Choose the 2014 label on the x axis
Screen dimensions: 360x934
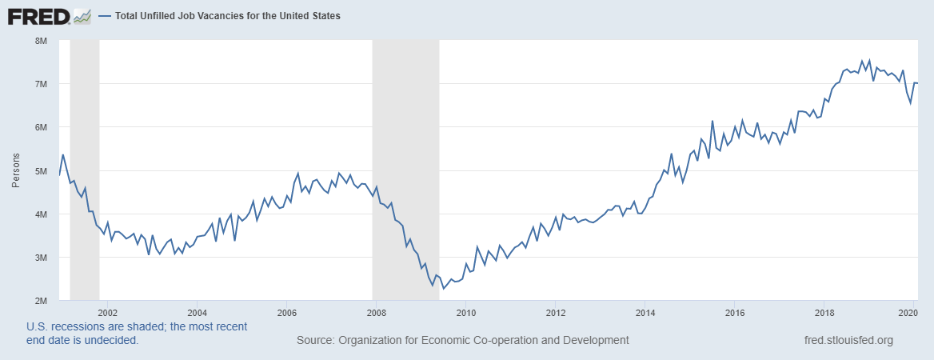(645, 312)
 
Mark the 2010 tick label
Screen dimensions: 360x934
(466, 312)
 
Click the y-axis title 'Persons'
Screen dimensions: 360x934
(16, 171)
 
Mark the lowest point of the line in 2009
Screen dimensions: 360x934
(444, 288)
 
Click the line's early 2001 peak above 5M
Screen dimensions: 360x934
(63, 154)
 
